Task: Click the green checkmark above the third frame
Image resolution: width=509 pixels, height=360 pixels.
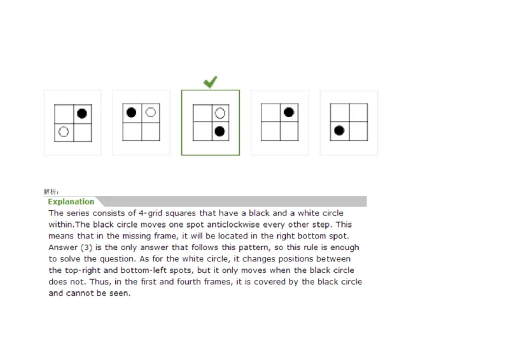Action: [210, 82]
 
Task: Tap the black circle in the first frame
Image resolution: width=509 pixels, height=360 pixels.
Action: [81, 114]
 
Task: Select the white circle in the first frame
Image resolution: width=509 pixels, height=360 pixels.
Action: [64, 132]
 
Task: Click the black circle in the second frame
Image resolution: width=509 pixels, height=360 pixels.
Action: [132, 113]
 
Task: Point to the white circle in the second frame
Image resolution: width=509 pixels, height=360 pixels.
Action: [150, 113]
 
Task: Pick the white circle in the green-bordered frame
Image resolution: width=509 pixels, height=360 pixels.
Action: [220, 113]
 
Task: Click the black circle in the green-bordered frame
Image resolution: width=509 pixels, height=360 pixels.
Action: [220, 132]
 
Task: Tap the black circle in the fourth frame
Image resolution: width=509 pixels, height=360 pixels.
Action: [288, 113]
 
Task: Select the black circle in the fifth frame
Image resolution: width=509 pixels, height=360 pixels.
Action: [340, 130]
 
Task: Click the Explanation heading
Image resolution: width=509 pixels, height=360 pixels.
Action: [71, 202]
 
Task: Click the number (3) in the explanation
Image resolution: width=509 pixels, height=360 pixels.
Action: [83, 247]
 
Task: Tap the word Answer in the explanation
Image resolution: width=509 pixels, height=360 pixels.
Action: [62, 247]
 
